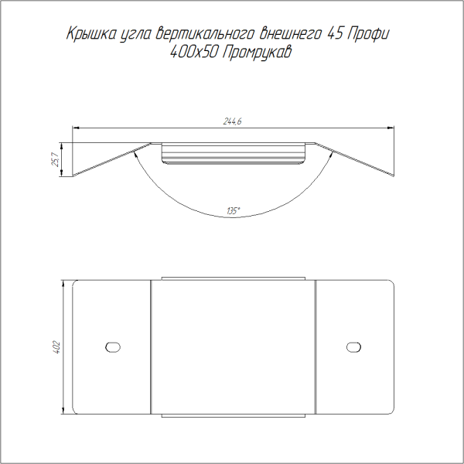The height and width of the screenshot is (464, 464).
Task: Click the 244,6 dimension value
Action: coord(232,121)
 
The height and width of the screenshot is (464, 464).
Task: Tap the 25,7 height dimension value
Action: coord(56,159)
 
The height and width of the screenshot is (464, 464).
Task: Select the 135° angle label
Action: coord(234,211)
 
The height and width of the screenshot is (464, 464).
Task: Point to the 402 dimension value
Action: coord(56,347)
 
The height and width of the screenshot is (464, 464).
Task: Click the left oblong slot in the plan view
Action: coord(113,347)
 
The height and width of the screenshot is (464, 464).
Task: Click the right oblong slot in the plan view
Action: coord(353,347)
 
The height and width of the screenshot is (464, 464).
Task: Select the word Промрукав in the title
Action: coord(256,53)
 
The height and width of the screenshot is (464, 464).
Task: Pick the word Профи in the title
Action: coord(367,34)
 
